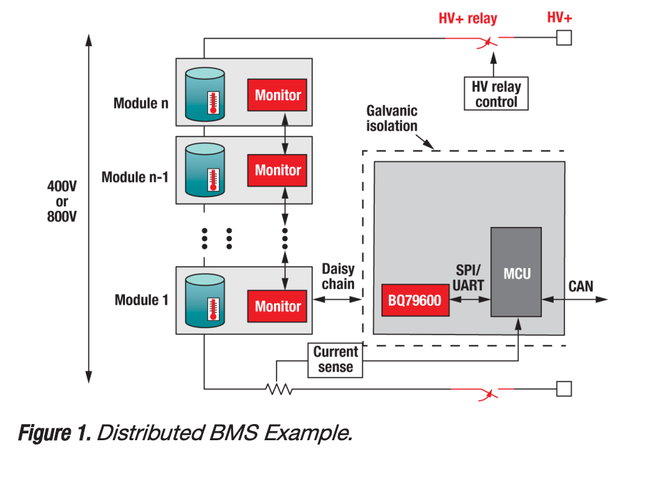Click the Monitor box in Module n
[277, 95]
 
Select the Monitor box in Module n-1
[277, 170]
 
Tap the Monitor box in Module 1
[277, 306]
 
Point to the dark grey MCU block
[517, 272]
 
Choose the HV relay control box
[496, 94]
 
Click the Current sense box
[336, 360]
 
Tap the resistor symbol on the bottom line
[279, 389]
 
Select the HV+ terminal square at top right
[564, 38]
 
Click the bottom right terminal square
[564, 389]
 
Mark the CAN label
[580, 287]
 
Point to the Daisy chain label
[338, 277]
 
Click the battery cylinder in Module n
[204, 95]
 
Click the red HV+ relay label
[468, 19]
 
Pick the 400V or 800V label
[62, 201]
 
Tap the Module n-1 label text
[135, 177]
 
